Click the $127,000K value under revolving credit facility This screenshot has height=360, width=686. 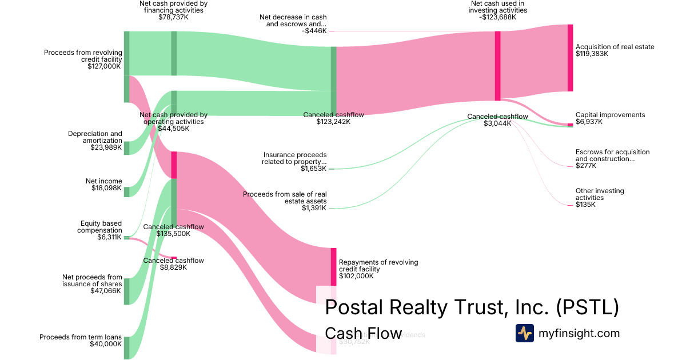pyautogui.click(x=104, y=66)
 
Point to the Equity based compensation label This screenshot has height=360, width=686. pyautogui.click(x=101, y=227)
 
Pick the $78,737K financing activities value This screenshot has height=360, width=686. pyautogui.click(x=173, y=17)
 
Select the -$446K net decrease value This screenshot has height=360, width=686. pyautogui.click(x=314, y=31)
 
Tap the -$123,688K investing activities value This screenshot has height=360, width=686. pyautogui.click(x=498, y=17)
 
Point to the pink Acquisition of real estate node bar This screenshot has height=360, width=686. pyautogui.click(x=570, y=58)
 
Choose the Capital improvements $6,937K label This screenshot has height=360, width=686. pyautogui.click(x=610, y=118)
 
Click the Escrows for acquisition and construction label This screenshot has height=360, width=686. pyautogui.click(x=612, y=155)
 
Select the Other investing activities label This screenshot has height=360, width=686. pyautogui.click(x=600, y=194)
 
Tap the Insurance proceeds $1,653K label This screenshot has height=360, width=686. pyautogui.click(x=295, y=162)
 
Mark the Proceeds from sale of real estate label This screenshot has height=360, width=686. pyautogui.click(x=285, y=198)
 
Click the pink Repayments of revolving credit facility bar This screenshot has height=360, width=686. pyautogui.click(x=334, y=267)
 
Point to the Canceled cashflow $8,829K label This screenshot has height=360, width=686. pyautogui.click(x=173, y=263)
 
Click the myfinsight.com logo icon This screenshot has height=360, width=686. pyautogui.click(x=524, y=333)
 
